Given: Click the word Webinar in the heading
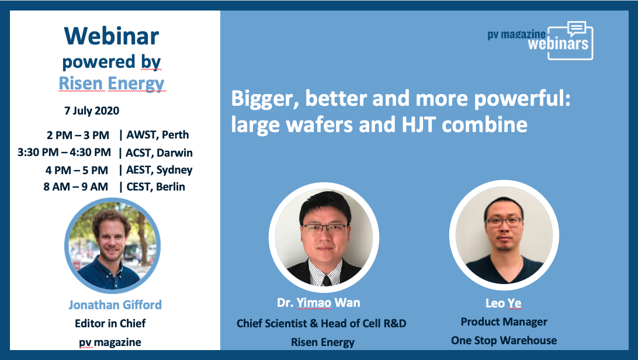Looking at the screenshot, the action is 112,36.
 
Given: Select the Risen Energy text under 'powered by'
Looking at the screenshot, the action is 112,84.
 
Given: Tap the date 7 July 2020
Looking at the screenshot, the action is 92,111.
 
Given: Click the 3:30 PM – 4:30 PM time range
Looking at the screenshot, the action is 64,153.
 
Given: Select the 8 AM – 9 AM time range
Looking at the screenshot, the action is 76,186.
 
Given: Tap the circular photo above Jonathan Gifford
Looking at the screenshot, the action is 112,245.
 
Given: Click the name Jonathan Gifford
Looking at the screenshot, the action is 115,304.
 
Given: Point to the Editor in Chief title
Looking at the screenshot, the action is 110,323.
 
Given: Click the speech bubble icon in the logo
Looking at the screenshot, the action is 577,29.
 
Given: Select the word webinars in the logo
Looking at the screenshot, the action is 559,43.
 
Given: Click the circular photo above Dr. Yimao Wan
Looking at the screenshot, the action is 324,237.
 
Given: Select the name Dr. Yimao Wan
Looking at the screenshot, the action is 318,303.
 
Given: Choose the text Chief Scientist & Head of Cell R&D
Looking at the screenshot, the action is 321,323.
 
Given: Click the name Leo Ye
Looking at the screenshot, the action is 503,303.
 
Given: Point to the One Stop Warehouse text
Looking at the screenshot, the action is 504,341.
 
